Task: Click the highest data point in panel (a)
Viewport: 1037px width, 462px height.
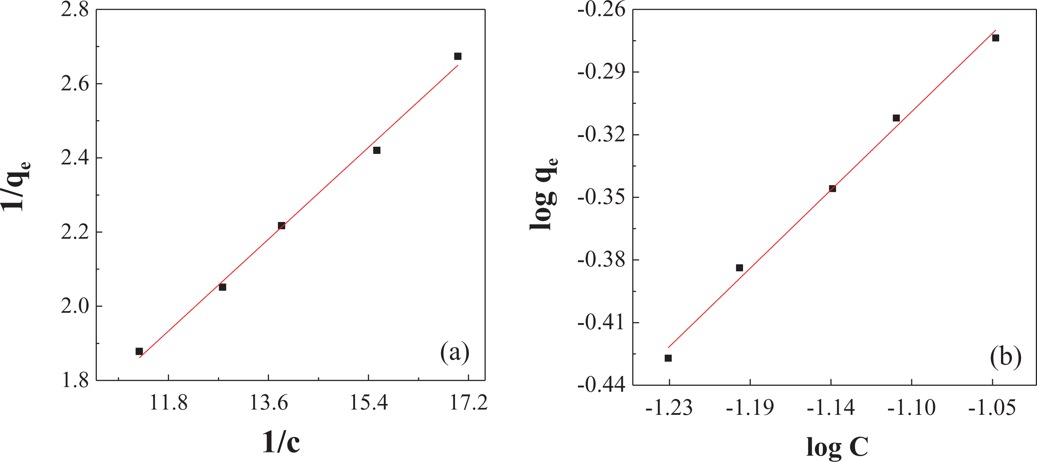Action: (458, 56)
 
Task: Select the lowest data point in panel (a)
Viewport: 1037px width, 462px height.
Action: (139, 351)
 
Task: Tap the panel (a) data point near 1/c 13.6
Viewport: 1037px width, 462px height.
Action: (281, 226)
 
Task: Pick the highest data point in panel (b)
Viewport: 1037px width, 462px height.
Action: (996, 38)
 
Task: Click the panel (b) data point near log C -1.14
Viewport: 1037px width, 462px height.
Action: (833, 189)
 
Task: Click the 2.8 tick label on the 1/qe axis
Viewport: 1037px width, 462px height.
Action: (75, 10)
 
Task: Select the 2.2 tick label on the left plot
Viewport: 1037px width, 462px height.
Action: (75, 232)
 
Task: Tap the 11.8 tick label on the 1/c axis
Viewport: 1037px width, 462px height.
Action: (168, 403)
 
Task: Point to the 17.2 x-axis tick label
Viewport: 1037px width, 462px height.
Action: (468, 403)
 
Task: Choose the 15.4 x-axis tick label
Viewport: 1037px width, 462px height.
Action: (368, 403)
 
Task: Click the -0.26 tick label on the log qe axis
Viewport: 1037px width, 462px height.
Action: (601, 10)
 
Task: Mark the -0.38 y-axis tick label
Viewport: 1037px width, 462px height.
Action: (601, 260)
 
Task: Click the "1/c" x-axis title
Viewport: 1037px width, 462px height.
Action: (281, 442)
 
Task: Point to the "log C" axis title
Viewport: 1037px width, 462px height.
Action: (837, 447)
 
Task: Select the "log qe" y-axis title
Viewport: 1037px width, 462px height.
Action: (544, 194)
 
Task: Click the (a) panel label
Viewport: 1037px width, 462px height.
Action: (455, 352)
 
